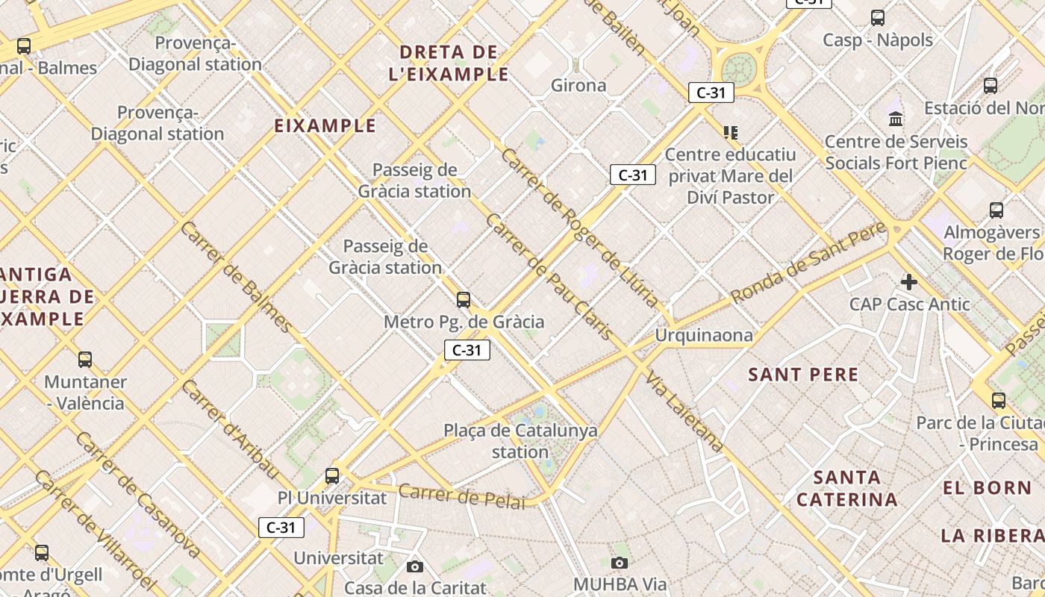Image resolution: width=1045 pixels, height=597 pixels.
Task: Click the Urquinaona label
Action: tap(704, 336)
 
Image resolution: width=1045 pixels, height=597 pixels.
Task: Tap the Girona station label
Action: tap(578, 86)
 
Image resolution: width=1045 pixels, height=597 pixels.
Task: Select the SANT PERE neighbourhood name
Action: tap(803, 375)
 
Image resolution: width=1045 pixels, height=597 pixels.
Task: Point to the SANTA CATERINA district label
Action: tap(847, 488)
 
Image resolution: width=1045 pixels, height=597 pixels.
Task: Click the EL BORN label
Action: tap(987, 488)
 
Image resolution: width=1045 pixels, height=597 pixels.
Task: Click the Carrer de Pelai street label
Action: tap(462, 496)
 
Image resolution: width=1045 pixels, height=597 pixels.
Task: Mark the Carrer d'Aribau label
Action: tap(230, 429)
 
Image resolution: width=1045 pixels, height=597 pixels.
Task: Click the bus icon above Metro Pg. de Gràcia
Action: tap(464, 300)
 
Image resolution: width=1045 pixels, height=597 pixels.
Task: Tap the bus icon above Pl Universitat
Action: tap(332, 475)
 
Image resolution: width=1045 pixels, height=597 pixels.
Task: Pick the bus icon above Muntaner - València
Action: tap(85, 360)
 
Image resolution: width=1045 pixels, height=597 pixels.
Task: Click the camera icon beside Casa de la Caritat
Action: tap(415, 567)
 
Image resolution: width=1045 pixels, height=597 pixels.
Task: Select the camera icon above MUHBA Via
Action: tap(619, 563)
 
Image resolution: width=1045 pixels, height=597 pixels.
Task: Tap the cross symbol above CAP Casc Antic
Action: tap(908, 282)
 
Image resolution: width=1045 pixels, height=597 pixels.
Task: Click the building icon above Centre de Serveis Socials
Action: tap(896, 119)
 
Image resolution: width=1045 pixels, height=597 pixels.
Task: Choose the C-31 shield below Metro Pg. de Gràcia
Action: tap(467, 350)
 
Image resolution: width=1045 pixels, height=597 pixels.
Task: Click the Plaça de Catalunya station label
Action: tap(520, 441)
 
